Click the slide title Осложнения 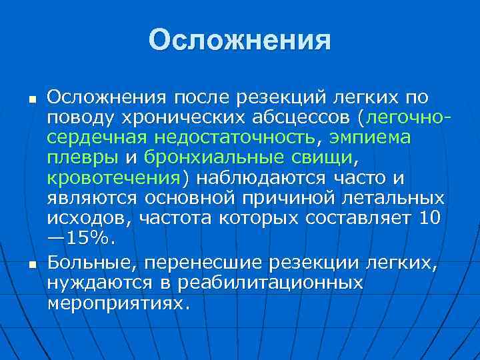(239, 40)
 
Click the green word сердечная (99, 138)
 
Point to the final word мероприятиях (119, 303)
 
